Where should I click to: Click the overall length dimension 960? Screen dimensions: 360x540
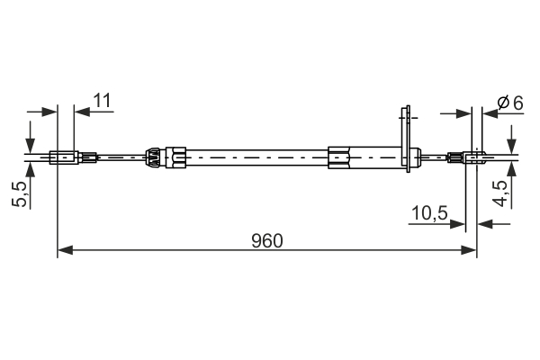point(267,240)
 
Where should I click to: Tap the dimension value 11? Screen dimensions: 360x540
point(102,100)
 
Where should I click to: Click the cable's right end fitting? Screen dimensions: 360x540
point(470,159)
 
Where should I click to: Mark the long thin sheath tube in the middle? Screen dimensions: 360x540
point(257,158)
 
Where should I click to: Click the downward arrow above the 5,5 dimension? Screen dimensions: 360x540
point(31,144)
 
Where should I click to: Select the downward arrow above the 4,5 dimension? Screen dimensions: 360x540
point(511,144)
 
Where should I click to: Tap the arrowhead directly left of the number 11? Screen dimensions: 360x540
point(82,112)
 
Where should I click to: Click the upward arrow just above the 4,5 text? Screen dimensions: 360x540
point(511,173)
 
